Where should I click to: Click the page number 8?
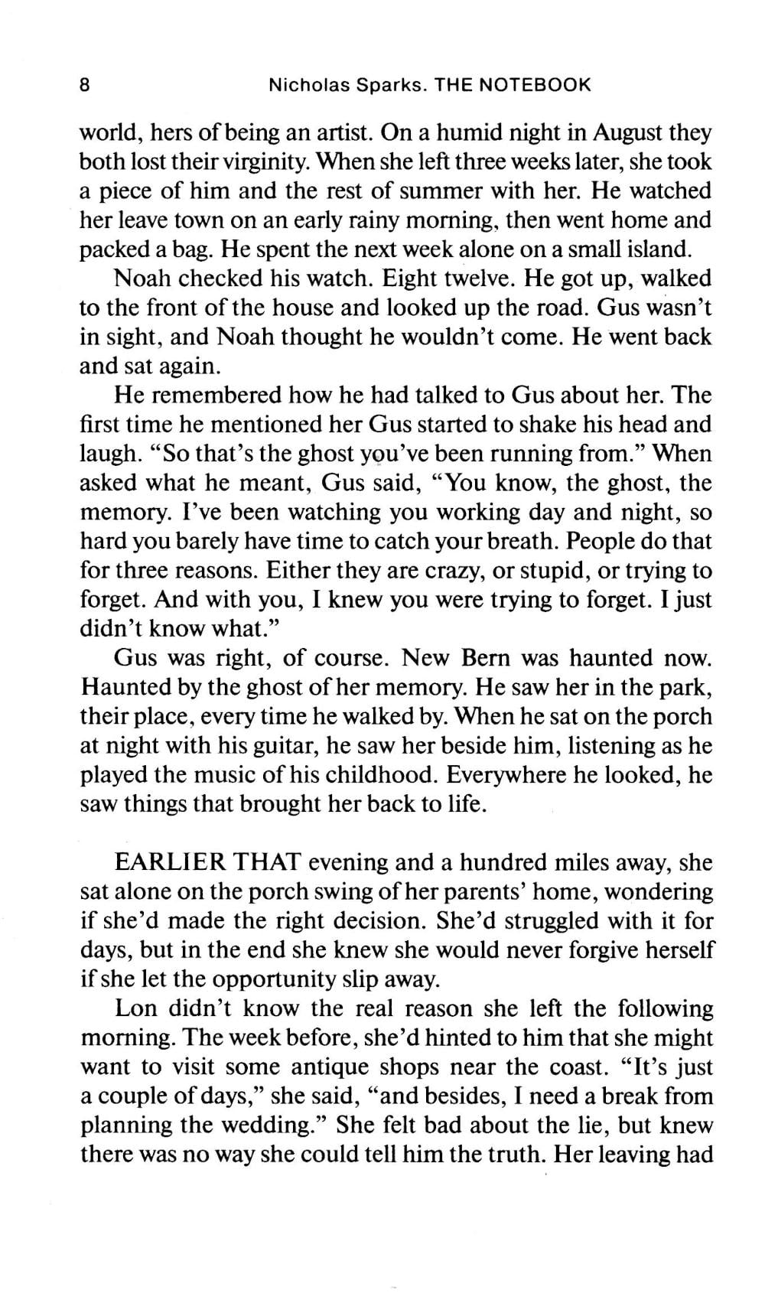85,84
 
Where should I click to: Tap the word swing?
366,892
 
